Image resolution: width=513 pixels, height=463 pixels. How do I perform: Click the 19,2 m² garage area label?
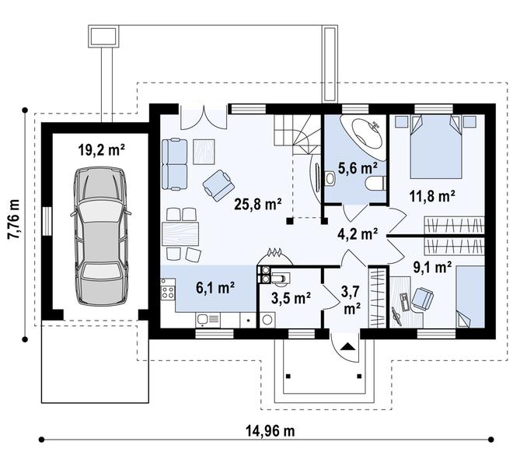coord(102,151)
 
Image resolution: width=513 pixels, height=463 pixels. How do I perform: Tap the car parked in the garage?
coord(100,236)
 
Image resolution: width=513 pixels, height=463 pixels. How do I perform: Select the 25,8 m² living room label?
coord(258,204)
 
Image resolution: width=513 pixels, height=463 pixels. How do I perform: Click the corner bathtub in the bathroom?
coord(362,134)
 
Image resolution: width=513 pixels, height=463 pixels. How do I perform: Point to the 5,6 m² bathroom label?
coord(358,168)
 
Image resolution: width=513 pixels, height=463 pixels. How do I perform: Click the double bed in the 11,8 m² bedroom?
coord(436,147)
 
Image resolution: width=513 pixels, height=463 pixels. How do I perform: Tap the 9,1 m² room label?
coord(432,268)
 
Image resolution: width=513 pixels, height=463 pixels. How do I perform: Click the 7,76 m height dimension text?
coord(14,223)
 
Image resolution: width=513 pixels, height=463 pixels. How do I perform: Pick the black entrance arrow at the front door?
coord(347,347)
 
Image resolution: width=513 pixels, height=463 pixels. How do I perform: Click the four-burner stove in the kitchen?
coord(168,293)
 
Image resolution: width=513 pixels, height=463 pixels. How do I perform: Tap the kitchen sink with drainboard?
coord(208,320)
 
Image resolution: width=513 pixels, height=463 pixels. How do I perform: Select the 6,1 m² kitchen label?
coord(215,288)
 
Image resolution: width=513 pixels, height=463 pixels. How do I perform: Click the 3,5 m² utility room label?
coord(291,298)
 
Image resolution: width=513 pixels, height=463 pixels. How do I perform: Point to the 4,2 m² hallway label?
coord(358,233)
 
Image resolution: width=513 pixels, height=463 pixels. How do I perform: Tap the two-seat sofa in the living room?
coord(174,164)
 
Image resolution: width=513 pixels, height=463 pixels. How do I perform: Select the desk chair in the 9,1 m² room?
coord(423,298)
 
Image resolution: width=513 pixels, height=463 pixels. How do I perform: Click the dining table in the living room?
coord(180,233)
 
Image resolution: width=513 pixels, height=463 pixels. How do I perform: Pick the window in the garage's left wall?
coord(47,221)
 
